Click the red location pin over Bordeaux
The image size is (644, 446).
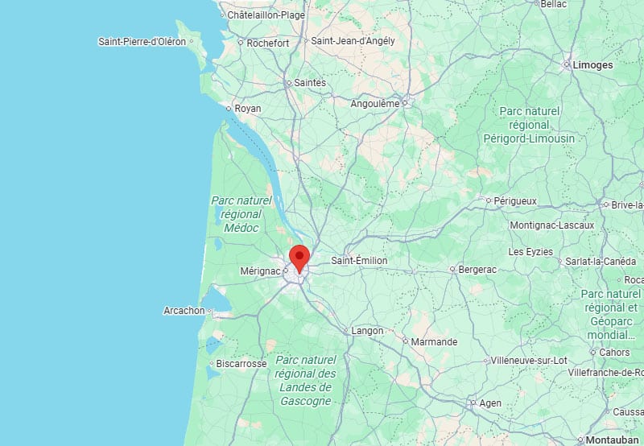point(299,258)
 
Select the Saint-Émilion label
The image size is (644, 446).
point(360,261)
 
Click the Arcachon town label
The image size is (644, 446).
point(184,311)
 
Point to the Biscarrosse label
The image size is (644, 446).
point(241,364)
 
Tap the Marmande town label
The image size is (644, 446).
point(434,342)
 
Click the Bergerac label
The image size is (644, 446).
point(478,269)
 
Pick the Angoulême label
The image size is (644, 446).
point(375,104)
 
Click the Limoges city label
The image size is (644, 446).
point(592,65)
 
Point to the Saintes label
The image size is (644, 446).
point(311,82)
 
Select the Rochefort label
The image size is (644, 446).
point(268,43)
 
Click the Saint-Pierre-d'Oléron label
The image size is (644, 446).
point(142,41)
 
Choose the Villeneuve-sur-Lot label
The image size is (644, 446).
point(531,361)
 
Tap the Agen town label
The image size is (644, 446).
point(489,403)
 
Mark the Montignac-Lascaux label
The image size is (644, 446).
point(551,225)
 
